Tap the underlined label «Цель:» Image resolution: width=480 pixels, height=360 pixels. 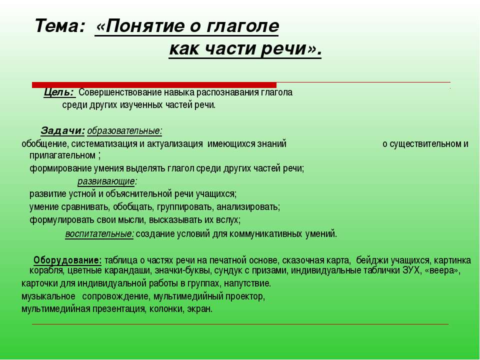click(59, 92)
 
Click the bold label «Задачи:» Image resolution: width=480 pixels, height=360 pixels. click(62, 131)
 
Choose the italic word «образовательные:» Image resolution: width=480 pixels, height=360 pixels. click(124, 131)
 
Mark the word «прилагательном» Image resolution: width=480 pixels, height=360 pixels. click(61, 155)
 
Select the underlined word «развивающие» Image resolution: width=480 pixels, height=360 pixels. click(106, 181)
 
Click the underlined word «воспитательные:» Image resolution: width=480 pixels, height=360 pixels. click(99, 233)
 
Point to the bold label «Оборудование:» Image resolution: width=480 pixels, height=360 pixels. click(67, 260)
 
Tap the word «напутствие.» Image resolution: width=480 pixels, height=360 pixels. click(247, 284)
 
